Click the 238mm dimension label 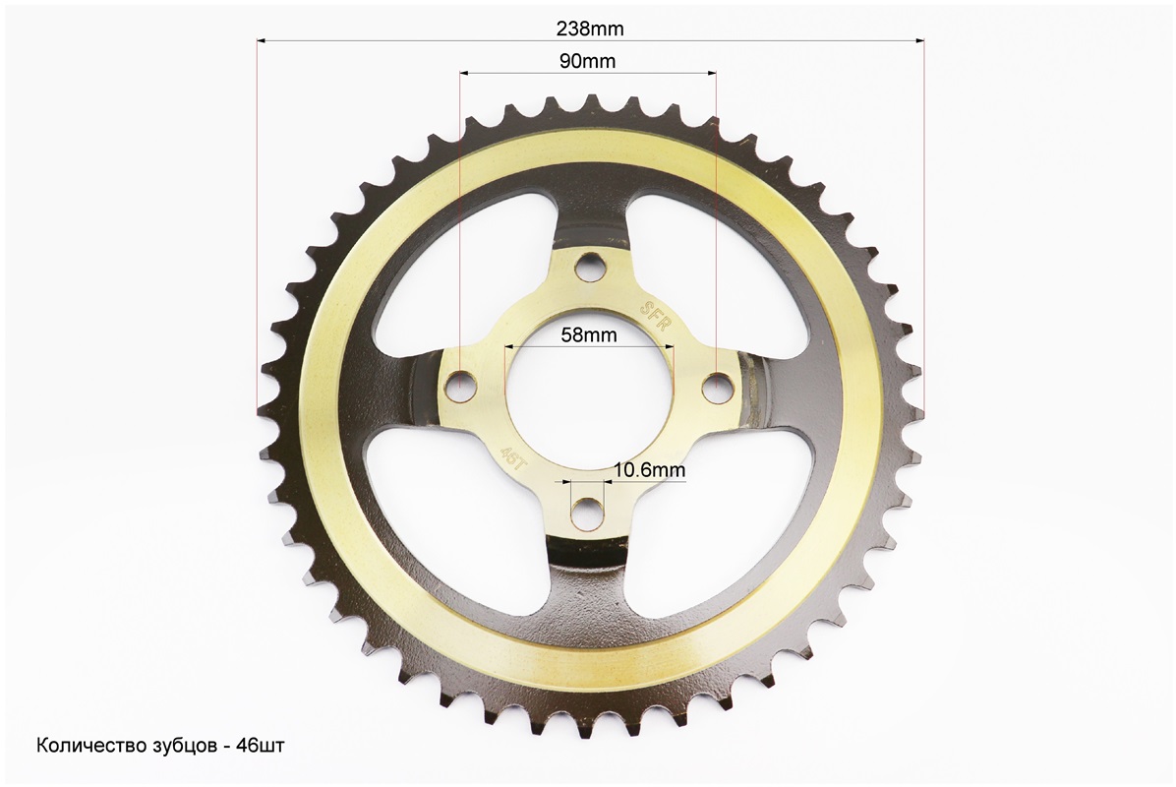coord(590,29)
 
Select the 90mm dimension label coord(588,62)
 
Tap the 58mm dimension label coord(590,334)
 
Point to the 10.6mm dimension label coord(650,470)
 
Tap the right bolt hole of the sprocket coord(719,385)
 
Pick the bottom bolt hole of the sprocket coord(585,513)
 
